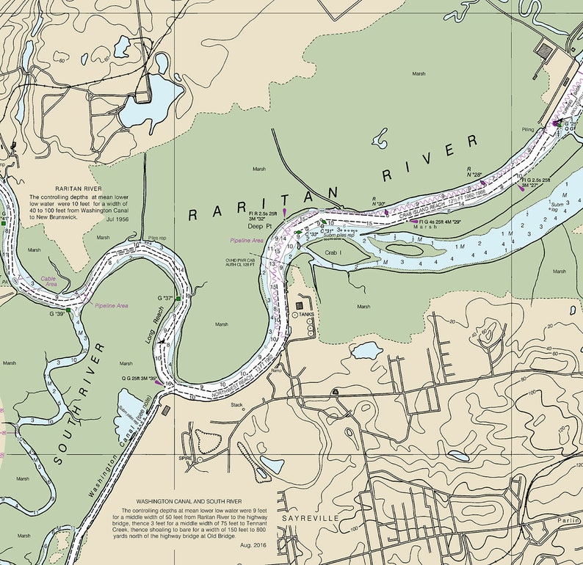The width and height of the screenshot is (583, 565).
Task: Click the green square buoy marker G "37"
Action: coord(177,299)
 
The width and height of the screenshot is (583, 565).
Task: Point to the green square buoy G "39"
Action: coord(68,311)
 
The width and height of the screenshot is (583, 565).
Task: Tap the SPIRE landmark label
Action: coord(185,458)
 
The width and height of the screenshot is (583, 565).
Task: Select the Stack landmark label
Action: coord(236,404)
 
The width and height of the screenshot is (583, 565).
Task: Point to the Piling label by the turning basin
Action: coord(528,129)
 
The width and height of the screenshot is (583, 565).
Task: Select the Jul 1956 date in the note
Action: coord(118,219)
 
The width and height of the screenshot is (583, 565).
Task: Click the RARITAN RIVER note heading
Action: coord(67,188)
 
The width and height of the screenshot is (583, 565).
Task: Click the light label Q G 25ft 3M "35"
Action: coord(140,379)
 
